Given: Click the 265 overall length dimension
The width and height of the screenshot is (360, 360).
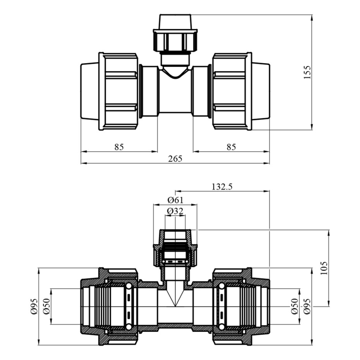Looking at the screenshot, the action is [x=175, y=159].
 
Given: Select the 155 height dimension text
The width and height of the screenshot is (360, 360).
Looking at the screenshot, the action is [x=307, y=72].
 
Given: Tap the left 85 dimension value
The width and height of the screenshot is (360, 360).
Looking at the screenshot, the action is [x=119, y=147].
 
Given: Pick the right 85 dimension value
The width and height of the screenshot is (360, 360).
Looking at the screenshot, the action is [x=231, y=147].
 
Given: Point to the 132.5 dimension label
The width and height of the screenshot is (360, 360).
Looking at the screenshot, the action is [x=222, y=187].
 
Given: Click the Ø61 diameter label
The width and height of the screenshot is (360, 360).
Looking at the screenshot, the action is [x=175, y=200].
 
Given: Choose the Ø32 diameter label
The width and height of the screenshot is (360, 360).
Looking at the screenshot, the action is [x=175, y=211].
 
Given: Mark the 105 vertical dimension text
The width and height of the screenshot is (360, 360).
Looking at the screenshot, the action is [x=324, y=268].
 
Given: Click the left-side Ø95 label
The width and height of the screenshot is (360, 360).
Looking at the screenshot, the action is [x=34, y=306].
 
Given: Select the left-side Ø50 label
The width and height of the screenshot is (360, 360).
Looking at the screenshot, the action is [x=46, y=306].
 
